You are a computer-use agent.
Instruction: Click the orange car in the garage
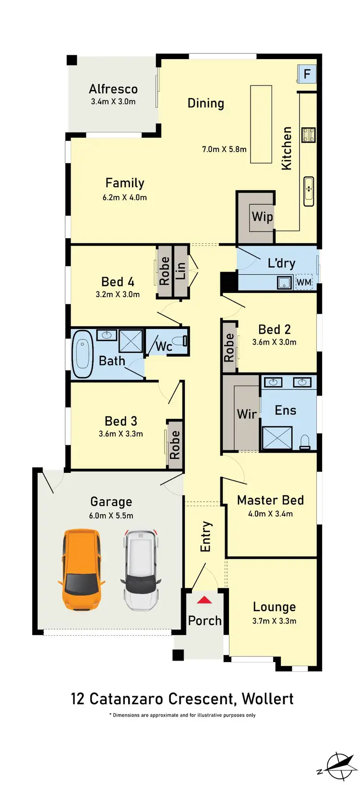[82, 569]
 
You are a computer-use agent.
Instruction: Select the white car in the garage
[140, 569]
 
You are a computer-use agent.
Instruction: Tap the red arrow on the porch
[204, 600]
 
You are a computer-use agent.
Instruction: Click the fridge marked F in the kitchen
[307, 74]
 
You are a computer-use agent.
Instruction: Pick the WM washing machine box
[304, 282]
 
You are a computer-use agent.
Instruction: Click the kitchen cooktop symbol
[308, 135]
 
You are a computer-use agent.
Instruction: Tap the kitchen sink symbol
[309, 191]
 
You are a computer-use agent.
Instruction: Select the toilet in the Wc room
[180, 342]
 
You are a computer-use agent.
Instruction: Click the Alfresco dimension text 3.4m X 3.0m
[113, 102]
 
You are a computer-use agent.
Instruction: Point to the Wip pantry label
[262, 217]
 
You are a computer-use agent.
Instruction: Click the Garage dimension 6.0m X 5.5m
[111, 516]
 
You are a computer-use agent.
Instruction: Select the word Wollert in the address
[267, 699]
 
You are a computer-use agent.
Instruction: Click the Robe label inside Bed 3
[175, 445]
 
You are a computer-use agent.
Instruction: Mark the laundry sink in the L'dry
[285, 282]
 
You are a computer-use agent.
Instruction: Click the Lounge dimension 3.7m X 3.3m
[274, 621]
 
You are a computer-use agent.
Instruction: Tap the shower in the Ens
[277, 438]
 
